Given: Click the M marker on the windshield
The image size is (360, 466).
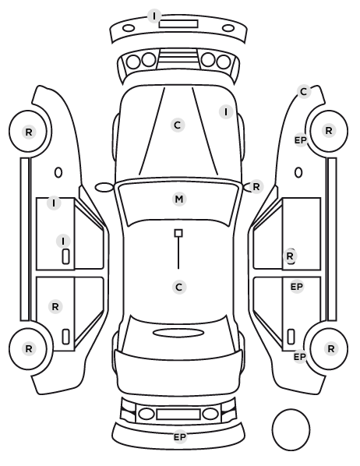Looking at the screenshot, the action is [179, 199].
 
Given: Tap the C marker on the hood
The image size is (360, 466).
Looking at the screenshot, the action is [178, 125].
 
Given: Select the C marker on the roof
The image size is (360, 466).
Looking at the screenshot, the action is [179, 288].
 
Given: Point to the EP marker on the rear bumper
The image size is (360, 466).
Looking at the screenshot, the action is [180, 437].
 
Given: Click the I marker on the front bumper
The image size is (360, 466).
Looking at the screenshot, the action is [154, 16].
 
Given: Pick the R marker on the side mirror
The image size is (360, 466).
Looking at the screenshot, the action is [256, 187].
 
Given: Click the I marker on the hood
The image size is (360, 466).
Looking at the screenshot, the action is [226, 112].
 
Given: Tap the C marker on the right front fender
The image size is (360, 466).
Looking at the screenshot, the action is [304, 92].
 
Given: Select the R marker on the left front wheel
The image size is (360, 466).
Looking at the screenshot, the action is [29, 132].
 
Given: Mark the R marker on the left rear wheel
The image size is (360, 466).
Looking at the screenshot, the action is [29, 348].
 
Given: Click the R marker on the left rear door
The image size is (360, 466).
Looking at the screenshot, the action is [55, 307].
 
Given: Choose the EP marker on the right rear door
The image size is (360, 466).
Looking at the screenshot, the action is [297, 287].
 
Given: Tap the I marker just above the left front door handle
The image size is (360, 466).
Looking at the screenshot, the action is [63, 242].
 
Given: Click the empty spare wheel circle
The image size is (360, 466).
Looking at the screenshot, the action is [291, 410].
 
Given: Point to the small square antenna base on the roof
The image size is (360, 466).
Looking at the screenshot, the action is [178, 233].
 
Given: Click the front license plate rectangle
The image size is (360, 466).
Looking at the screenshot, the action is [178, 24].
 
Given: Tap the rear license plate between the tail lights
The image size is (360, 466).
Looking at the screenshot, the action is [178, 415].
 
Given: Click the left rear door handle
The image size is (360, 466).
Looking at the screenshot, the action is [65, 337].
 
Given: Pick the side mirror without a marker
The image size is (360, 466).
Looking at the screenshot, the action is [104, 188].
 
